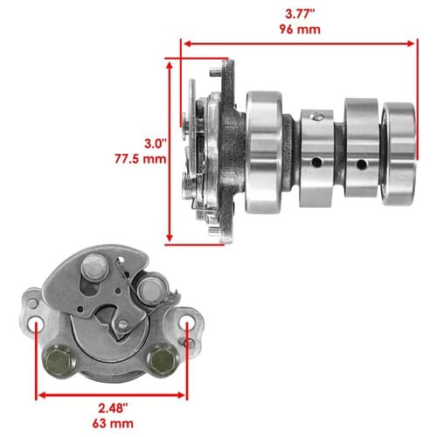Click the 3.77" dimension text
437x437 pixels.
click(x=300, y=14)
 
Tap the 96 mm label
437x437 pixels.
click(x=300, y=30)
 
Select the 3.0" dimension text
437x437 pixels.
click(x=156, y=143)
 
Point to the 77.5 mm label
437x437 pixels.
click(x=141, y=159)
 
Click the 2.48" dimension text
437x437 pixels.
click(x=113, y=408)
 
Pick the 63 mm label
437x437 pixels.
click(x=113, y=423)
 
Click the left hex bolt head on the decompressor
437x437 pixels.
click(x=59, y=361)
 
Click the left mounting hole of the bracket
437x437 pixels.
click(x=36, y=323)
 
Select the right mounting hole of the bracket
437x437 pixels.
click(x=186, y=323)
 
